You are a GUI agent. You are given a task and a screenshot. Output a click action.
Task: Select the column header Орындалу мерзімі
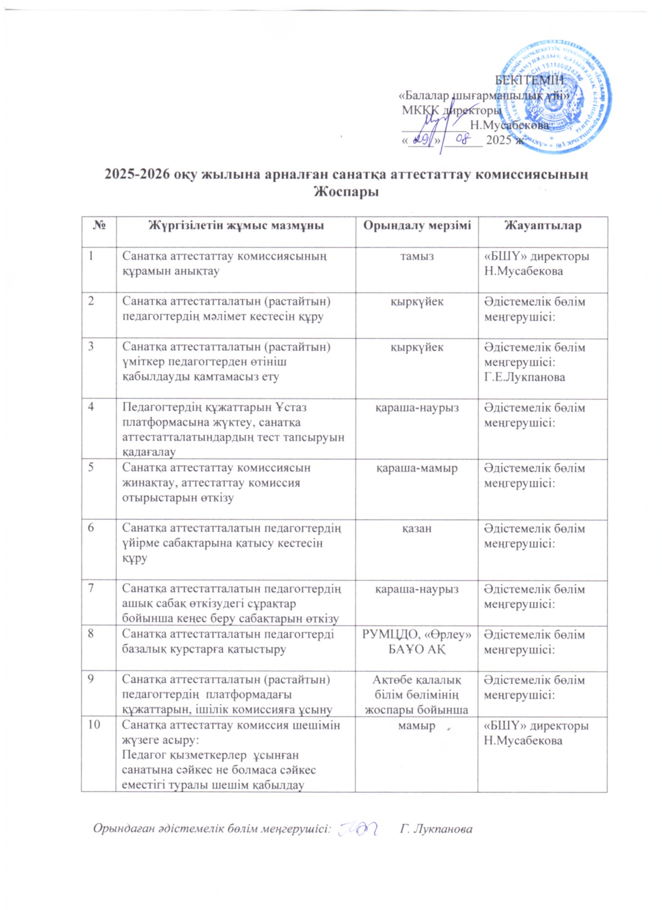pyautogui.click(x=417, y=226)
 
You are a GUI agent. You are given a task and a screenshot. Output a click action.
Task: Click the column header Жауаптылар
pyautogui.click(x=543, y=226)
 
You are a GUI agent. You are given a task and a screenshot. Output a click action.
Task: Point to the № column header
pyautogui.click(x=99, y=226)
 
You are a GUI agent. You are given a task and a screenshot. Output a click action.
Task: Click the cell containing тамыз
pyautogui.click(x=417, y=256)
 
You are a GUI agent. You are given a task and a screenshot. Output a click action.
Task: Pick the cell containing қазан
pyautogui.click(x=417, y=529)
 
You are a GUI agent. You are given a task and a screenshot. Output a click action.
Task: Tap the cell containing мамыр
pyautogui.click(x=417, y=726)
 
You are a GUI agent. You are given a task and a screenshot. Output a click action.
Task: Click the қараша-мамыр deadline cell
pyautogui.click(x=417, y=468)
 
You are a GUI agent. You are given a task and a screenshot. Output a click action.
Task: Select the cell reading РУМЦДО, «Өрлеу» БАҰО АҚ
pyautogui.click(x=417, y=642)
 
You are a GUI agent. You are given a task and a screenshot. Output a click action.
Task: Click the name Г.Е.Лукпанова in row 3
pyautogui.click(x=525, y=377)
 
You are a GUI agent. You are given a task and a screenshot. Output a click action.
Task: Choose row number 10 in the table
pyautogui.click(x=94, y=724)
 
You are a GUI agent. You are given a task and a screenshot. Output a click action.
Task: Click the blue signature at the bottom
pyautogui.click(x=357, y=829)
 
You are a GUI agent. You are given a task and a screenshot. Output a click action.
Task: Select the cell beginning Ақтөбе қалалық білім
pyautogui.click(x=417, y=695)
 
